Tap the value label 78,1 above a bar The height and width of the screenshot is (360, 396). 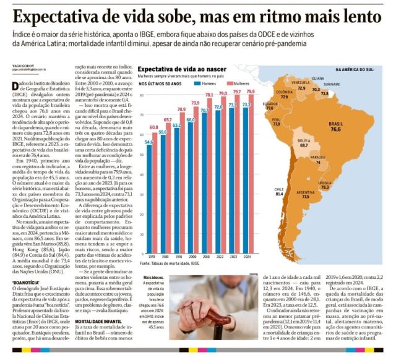[x=225, y=94]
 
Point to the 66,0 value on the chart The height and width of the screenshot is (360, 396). [x=191, y=119]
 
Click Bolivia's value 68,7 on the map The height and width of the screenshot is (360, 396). [x=304, y=146]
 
